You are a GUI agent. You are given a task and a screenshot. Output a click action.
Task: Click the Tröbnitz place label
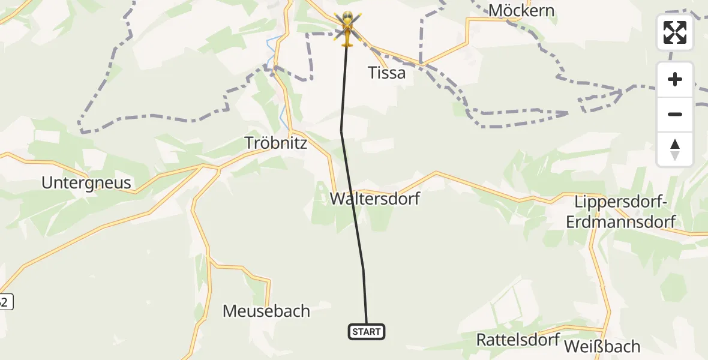point(276,143)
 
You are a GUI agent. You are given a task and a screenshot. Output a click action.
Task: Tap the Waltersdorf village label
point(375,199)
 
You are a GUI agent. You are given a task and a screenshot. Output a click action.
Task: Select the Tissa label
point(386,73)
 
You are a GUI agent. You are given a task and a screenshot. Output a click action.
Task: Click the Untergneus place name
point(86,182)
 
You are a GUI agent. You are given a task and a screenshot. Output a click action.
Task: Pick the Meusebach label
point(266,311)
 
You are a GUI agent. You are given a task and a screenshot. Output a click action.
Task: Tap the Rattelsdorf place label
point(518,339)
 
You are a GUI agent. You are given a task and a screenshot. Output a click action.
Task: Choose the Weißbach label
point(602,346)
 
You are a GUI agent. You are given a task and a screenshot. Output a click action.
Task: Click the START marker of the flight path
point(367,331)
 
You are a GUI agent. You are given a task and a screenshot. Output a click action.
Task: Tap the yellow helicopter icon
point(347,26)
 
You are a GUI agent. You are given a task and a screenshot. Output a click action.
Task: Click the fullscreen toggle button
point(675,32)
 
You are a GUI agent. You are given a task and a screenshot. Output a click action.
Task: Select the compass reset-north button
point(675,149)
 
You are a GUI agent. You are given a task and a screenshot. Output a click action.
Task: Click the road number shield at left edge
point(5,302)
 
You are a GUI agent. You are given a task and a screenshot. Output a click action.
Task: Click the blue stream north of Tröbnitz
point(281,111)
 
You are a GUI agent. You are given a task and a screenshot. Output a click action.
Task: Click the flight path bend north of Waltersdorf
point(341,130)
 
